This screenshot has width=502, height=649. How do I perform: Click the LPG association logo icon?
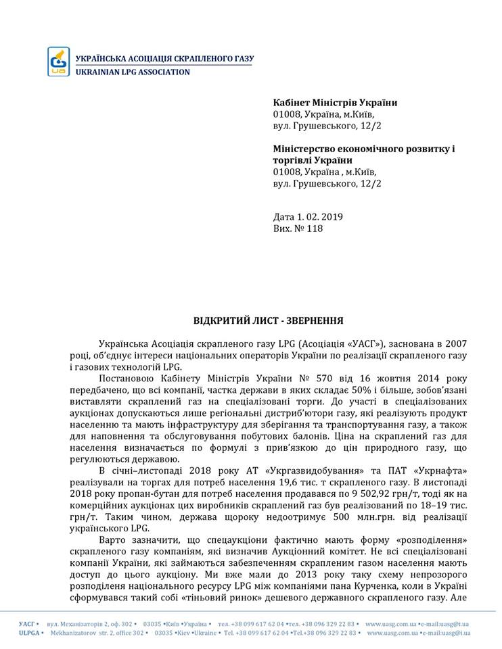coord(59,61)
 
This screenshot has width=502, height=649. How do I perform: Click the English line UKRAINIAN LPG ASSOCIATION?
coord(133,72)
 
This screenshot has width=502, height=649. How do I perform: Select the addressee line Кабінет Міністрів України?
coord(335,103)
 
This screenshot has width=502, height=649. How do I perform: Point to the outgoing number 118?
coord(315,229)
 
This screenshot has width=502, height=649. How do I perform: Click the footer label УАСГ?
coord(28,623)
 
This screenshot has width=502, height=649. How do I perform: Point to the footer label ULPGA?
coord(30,633)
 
